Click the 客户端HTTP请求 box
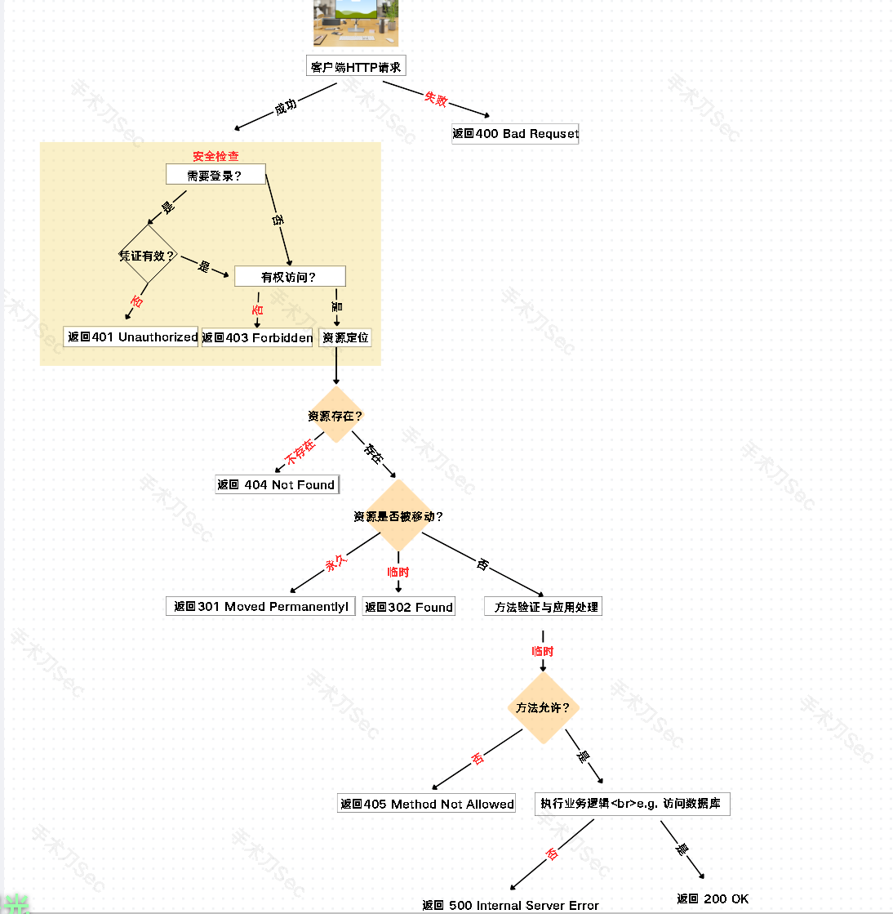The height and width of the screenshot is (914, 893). [x=356, y=67]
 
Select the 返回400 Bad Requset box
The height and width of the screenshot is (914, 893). [x=515, y=134]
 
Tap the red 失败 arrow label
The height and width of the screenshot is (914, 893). [x=436, y=99]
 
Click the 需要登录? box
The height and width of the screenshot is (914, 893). [x=215, y=175]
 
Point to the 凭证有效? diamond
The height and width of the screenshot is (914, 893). [x=148, y=256]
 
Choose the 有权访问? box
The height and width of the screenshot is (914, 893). [x=290, y=277]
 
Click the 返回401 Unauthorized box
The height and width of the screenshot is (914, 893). [x=131, y=337]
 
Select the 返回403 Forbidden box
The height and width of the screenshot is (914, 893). [x=258, y=337]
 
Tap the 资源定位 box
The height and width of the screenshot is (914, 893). [x=345, y=337]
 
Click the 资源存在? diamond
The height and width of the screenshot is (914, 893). [x=335, y=416]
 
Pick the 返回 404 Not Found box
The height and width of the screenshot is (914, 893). [x=277, y=484]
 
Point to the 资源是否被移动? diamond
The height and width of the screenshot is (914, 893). [x=398, y=516]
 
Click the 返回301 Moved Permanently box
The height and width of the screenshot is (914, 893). [x=260, y=606]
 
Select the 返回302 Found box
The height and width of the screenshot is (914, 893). [x=409, y=607]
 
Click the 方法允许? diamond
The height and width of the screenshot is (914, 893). [x=543, y=707]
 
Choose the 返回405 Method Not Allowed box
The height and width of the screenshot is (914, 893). [x=427, y=804]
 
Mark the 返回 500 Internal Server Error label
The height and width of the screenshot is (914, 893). [x=510, y=905]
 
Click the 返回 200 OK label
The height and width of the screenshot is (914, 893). [x=713, y=898]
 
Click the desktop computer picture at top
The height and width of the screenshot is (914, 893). [x=356, y=23]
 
